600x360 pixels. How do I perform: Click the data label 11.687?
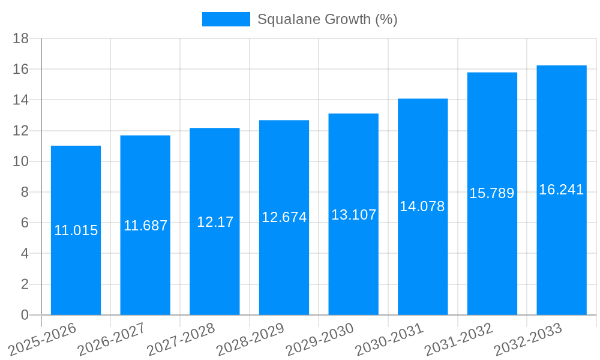145,226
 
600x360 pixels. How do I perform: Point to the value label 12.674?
284,218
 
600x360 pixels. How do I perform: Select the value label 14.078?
422,207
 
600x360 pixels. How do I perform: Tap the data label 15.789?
491,194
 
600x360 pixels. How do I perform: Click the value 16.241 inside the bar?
561,190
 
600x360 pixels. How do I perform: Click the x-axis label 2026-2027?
112,339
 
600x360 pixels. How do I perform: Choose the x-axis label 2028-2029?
250,339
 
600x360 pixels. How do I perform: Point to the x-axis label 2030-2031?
389,339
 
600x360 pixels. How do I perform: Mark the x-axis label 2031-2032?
458,339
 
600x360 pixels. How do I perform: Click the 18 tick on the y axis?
21,38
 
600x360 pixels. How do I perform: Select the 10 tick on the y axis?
21,161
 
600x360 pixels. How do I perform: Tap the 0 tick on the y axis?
25,315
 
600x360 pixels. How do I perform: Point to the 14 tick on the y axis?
21,100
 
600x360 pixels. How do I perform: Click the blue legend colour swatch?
226,19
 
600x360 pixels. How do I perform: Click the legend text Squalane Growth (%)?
327,19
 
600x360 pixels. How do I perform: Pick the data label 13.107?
353,215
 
